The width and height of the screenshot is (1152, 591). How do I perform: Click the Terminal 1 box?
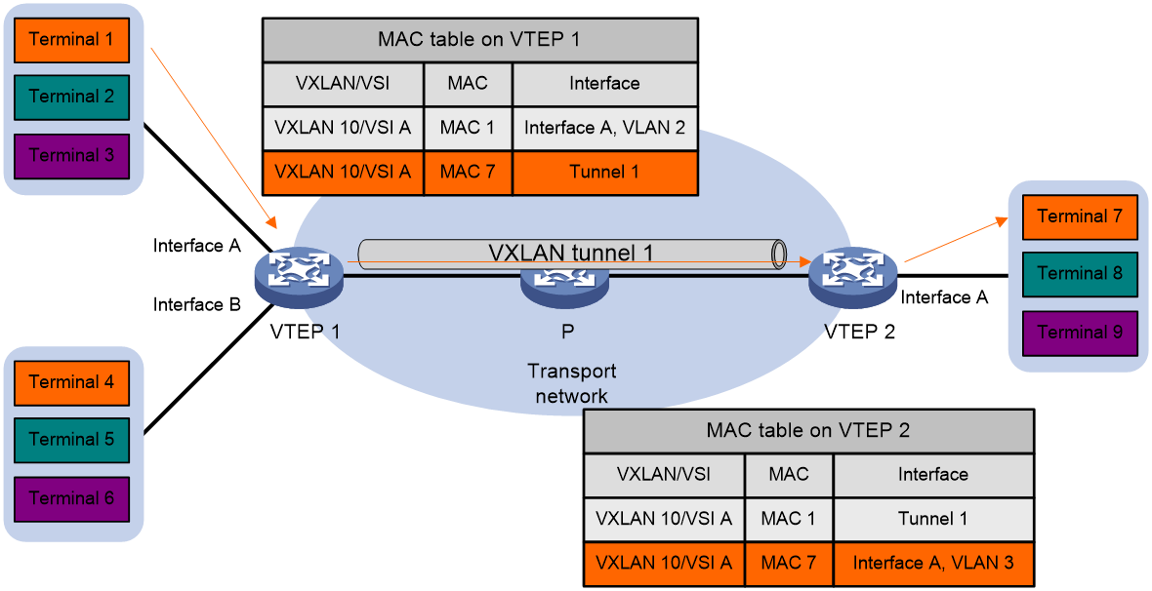[x=72, y=40]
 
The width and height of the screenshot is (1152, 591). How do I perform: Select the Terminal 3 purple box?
[x=72, y=156]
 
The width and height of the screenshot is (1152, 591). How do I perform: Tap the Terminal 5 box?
[x=72, y=440]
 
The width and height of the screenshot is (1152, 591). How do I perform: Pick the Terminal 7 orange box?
[x=1080, y=217]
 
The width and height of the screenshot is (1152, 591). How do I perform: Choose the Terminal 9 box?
[x=1080, y=333]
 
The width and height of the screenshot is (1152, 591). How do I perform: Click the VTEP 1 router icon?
[x=299, y=277]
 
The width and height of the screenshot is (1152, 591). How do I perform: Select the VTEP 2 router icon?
[x=852, y=277]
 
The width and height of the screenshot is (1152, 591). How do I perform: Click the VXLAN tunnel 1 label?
[x=571, y=253]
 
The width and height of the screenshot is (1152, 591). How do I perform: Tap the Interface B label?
[x=197, y=304]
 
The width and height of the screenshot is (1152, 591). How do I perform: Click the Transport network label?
[x=571, y=383]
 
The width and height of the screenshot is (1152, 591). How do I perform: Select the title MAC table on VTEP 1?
[x=479, y=40]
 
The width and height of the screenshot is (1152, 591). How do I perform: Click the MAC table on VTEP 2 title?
[x=808, y=430]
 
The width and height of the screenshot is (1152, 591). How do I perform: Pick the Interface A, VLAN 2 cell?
[x=604, y=128]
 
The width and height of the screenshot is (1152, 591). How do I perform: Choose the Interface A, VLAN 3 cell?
[x=933, y=563]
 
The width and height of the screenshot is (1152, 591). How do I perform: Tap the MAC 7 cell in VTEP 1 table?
[x=468, y=172]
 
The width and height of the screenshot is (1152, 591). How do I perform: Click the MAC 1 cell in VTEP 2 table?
[x=788, y=519]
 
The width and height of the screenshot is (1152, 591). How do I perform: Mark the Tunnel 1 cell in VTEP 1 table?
[x=604, y=172]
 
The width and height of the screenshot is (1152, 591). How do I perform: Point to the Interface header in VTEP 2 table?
[x=933, y=474]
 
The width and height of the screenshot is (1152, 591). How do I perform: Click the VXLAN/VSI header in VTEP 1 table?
[x=343, y=84]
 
